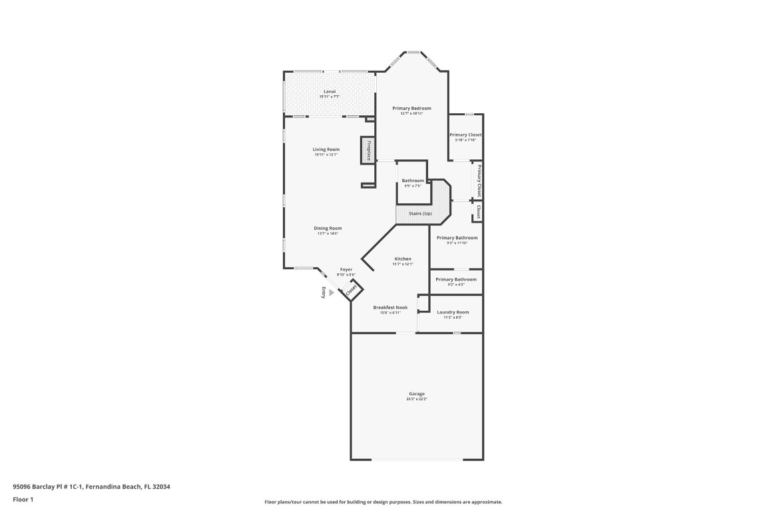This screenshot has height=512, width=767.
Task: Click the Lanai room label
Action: pos(329,91)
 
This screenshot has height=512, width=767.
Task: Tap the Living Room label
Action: pos(326,149)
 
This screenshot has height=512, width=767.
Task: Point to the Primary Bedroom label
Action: pos(411,108)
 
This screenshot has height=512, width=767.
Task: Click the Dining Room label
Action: pos(328,228)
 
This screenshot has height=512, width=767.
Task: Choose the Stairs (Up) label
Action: pos(419,213)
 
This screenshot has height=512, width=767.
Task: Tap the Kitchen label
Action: pos(403,259)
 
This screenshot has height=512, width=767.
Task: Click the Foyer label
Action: pos(346,269)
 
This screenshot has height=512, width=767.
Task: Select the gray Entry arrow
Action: pos(332,292)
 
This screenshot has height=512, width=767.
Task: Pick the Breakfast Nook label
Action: pos(390,307)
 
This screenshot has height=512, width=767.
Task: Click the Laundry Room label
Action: pos(453,312)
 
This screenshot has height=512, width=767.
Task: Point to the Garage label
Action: pos(417,394)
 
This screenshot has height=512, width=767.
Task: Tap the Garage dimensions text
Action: pos(417,399)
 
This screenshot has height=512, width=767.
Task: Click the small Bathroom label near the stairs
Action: pos(413,181)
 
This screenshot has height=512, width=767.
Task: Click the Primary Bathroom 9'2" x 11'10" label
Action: pos(457,238)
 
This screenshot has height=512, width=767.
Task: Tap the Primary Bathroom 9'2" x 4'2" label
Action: pos(456,279)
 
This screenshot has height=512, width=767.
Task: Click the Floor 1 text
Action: pos(23,499)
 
